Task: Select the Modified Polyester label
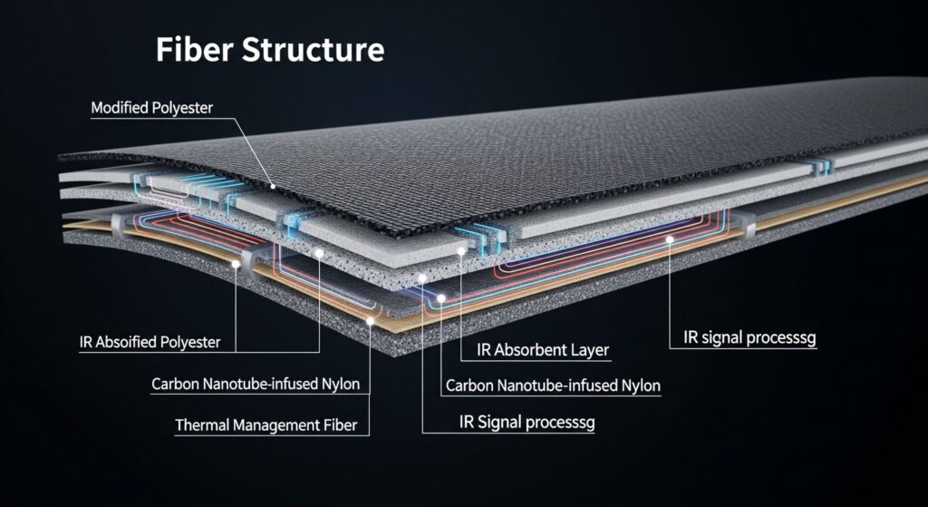(x=152, y=108)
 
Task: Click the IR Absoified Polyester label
(x=150, y=344)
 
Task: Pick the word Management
(x=271, y=424)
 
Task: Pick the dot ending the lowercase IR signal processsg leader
(x=669, y=239)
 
